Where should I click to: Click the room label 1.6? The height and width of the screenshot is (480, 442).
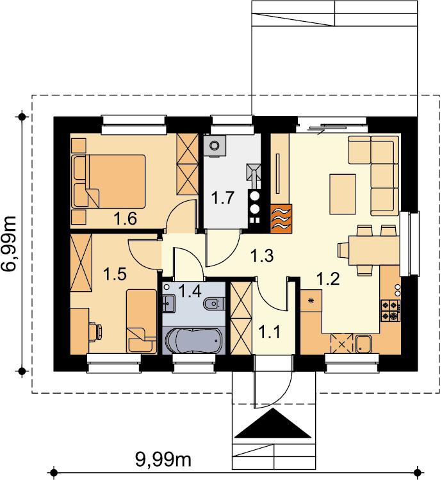125,219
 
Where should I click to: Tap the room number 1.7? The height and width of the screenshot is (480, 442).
223,198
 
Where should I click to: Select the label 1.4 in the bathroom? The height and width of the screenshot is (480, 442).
190,291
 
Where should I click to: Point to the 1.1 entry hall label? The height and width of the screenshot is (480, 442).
270,332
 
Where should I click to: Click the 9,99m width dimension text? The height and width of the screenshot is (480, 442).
163,459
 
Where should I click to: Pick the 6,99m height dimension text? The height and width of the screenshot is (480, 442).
8,243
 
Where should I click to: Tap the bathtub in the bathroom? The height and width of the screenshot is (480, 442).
193,340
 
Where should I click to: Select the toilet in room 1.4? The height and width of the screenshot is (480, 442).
215,303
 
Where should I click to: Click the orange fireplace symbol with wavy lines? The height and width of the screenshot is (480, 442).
281,219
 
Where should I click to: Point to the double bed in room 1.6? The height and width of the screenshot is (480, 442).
108,181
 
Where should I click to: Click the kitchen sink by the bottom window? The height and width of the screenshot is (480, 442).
364,344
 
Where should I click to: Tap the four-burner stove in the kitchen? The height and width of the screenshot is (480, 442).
391,310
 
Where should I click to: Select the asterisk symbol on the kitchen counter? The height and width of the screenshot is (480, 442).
311,301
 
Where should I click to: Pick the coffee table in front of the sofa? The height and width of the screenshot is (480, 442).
343,194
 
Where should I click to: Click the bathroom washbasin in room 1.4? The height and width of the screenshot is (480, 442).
168,303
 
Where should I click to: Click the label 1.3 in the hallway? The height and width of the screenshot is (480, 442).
261,256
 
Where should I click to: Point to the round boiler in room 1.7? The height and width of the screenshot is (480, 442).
215,146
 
